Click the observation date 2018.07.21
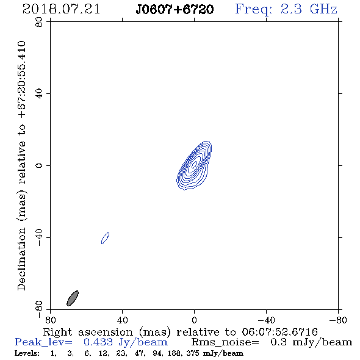click(x=61, y=9)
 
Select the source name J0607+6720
click(x=175, y=9)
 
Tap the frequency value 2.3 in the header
click(x=291, y=9)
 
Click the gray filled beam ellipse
click(x=73, y=298)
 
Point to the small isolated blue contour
click(x=106, y=238)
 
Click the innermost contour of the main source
click(x=195, y=164)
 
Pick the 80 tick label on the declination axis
click(x=39, y=22)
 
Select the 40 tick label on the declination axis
click(x=39, y=94)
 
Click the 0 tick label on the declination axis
click(x=39, y=165)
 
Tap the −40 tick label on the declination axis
click(x=39, y=237)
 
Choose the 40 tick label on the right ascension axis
click(x=123, y=320)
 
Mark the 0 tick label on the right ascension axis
click(x=194, y=320)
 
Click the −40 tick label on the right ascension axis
click(x=266, y=320)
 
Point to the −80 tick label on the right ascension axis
click(x=338, y=320)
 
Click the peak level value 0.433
click(x=98, y=342)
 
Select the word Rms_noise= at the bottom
click(x=225, y=342)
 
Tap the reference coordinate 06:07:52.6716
click(x=279, y=332)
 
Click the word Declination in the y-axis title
click(x=21, y=259)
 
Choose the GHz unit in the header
click(x=323, y=9)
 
